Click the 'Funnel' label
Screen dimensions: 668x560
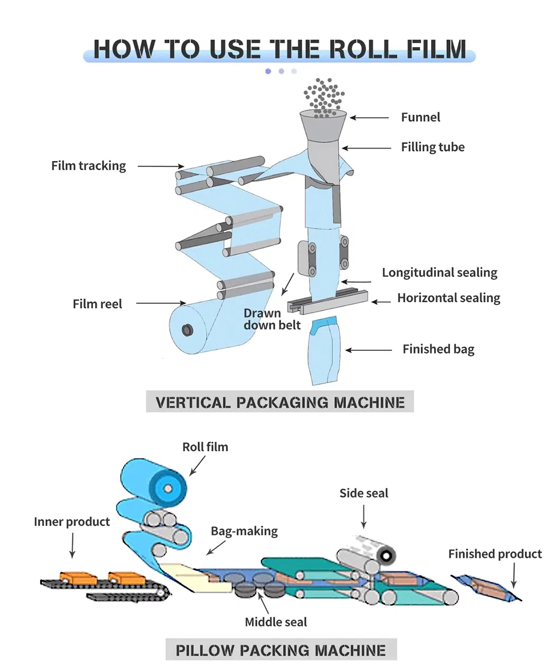coord(420,117)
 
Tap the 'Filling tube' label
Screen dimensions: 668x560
coord(433,147)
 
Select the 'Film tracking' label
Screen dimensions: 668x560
coord(89,166)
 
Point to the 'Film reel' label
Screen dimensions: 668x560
coord(97,304)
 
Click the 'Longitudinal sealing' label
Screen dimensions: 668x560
coord(440,273)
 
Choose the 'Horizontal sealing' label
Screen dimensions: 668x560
coord(449,298)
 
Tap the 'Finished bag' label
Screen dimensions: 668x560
coord(438,349)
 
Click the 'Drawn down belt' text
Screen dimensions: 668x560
coord(272,319)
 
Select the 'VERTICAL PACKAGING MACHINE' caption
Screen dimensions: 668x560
coord(280,403)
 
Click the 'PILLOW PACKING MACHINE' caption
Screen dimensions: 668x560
coord(281,650)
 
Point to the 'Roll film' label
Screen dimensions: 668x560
coord(205,447)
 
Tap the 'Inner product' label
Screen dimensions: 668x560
coord(72,522)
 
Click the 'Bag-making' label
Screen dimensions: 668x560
coord(244,531)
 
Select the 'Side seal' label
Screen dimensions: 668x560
coord(363,494)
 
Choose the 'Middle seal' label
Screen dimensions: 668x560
coord(276,623)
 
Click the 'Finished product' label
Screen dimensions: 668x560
coord(495,554)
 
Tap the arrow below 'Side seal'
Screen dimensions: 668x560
coord(364,516)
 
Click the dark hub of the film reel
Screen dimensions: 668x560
coord(187,331)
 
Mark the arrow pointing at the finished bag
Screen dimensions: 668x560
coord(369,350)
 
